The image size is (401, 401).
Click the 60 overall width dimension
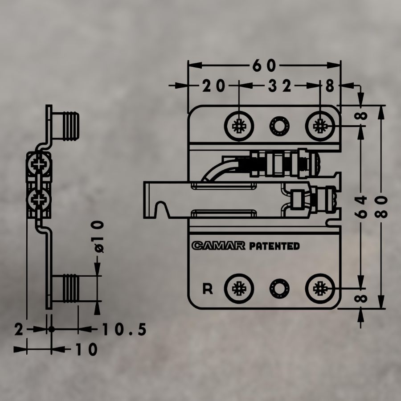click(264, 65)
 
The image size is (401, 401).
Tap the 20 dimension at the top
click(214, 86)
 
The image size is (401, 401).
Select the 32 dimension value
click(279, 86)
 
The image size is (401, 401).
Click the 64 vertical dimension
click(361, 207)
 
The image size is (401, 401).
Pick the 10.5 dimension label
click(125, 329)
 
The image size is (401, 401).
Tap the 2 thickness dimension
click(19, 329)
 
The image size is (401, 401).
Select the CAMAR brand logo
click(218, 246)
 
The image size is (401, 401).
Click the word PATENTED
click(274, 246)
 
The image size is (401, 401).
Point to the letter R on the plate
click(207, 289)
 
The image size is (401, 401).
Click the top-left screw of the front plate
click(239, 126)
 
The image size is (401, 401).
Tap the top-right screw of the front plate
click(320, 126)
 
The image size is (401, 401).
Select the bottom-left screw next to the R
click(239, 288)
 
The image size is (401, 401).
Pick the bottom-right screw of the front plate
click(320, 288)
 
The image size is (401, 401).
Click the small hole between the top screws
click(279, 126)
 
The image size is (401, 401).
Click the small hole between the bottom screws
click(279, 289)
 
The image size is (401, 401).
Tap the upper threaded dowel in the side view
click(65, 126)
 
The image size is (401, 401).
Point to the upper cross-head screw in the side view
click(39, 164)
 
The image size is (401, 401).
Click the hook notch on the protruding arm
click(161, 209)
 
